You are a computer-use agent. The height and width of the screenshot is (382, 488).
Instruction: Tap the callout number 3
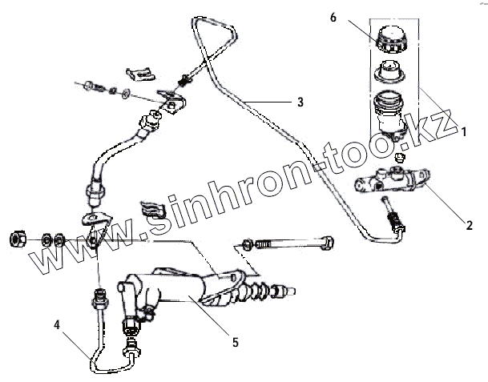tap(299, 102)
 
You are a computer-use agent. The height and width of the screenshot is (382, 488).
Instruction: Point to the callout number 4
tap(57, 324)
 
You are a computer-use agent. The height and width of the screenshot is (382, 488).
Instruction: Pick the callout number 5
tap(234, 342)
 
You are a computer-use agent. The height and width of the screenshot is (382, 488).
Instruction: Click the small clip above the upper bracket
tap(141, 74)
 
